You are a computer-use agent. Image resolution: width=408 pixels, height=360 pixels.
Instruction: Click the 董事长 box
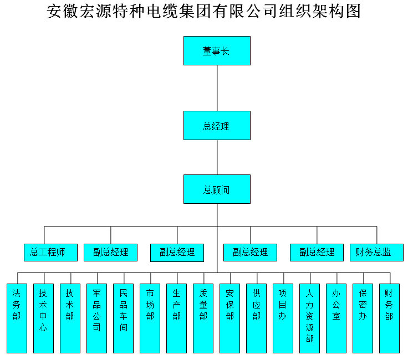pos(217,51)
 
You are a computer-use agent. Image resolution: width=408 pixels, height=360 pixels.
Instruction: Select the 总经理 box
pos(217,125)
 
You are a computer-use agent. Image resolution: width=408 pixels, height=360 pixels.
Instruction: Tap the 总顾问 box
pos(217,189)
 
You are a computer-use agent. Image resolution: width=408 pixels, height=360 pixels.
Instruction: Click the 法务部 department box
pos(17,318)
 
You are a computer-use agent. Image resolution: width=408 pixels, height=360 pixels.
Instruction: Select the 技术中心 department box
pos(43,318)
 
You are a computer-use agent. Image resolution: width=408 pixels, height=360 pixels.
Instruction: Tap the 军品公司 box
pos(97,318)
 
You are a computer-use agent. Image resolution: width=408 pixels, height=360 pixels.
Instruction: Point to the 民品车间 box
pos(124,318)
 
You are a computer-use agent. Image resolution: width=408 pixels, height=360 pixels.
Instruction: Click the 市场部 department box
pos(150,318)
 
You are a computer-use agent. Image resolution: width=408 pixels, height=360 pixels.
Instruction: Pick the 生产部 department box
pos(177,318)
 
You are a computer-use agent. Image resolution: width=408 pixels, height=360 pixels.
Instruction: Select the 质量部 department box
pos(203,318)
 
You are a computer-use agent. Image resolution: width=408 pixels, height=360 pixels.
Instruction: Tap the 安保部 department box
pos(229,318)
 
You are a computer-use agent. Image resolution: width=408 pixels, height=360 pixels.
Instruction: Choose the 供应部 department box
pos(256,318)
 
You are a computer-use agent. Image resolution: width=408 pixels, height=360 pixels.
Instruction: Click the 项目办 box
pos(283,318)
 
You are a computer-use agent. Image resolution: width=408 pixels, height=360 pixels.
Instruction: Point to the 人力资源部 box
pos(309,318)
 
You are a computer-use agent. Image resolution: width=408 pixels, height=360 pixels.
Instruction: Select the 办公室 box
pos(336,318)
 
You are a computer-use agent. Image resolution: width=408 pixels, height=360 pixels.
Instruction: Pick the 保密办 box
pos(363,318)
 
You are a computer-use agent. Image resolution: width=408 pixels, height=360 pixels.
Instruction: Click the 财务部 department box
pos(389,318)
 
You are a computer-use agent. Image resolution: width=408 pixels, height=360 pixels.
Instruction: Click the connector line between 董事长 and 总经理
pos(217,88)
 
